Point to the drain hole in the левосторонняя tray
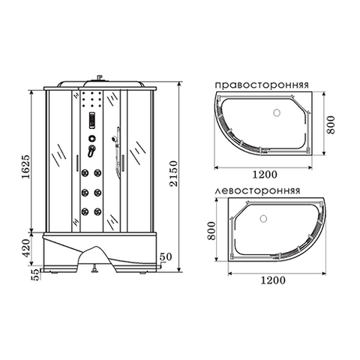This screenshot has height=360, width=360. click(x=264, y=220)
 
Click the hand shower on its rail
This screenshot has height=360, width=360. click(x=114, y=139)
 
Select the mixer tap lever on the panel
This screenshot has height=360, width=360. click(x=91, y=151)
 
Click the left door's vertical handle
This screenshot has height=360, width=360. click(x=78, y=163)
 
